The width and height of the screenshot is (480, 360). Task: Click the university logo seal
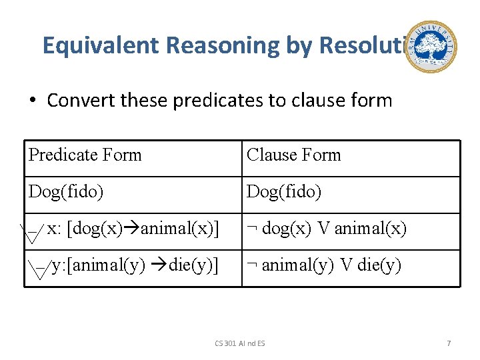coord(431,47)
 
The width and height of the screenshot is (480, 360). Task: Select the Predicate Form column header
coord(85,155)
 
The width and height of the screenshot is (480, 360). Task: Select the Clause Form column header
coord(293,155)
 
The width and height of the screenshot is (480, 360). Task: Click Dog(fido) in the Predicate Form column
coord(66,193)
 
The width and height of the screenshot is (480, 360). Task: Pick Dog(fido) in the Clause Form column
coord(284,193)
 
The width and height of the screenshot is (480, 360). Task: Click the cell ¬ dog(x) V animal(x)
coord(326,229)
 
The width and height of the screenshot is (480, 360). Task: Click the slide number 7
coord(449,343)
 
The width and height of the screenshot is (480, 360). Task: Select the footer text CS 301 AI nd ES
coord(240,343)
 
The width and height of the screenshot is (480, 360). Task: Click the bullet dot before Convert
coord(31,101)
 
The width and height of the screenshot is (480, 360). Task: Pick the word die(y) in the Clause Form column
coord(379,266)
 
